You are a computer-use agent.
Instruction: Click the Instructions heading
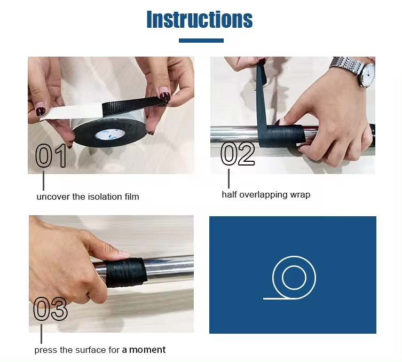tap(200, 19)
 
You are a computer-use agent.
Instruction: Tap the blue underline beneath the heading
tap(201, 41)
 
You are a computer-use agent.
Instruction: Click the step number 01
tap(51, 155)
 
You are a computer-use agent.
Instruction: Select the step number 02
tap(238, 154)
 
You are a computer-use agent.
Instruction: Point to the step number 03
tap(51, 309)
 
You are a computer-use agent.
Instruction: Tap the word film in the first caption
tap(132, 196)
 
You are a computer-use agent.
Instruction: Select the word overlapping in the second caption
tap(263, 195)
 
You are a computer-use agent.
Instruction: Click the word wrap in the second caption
tap(300, 195)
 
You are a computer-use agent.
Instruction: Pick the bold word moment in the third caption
tap(147, 350)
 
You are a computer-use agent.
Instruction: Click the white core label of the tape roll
tap(110, 133)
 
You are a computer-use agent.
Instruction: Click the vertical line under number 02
tap(228, 178)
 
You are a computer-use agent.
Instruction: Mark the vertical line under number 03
tap(41, 334)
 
